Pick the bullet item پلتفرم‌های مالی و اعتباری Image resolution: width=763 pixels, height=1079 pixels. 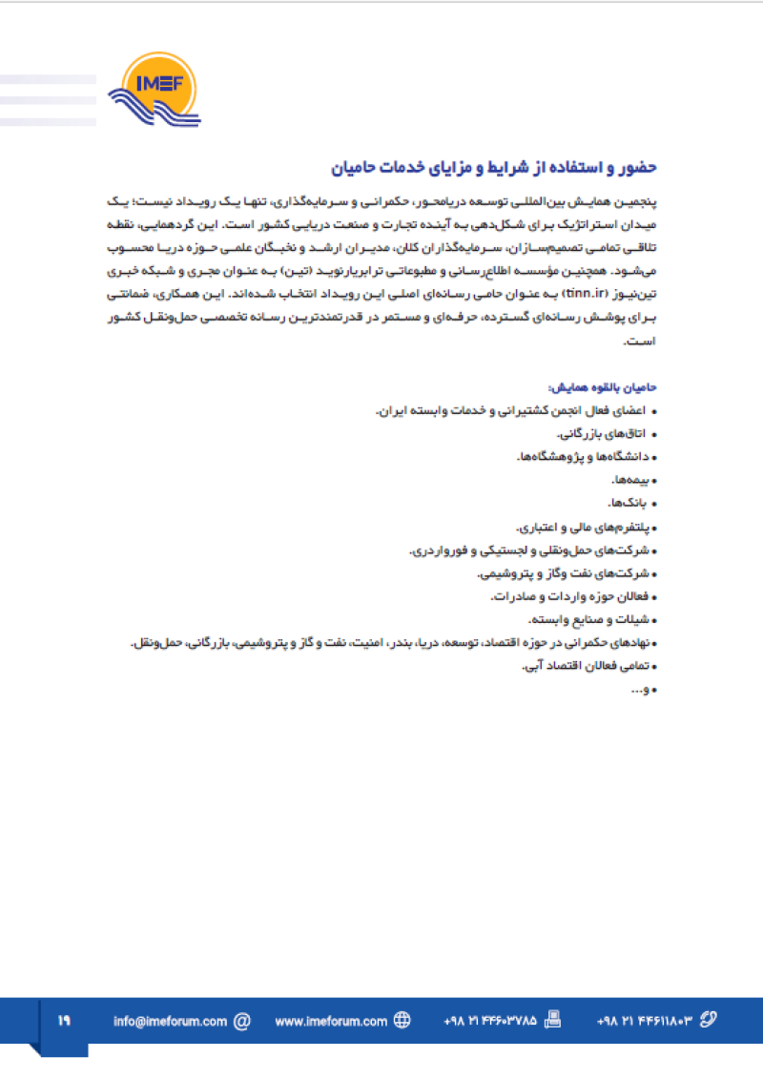[585, 527]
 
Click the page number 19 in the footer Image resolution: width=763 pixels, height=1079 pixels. [64, 1020]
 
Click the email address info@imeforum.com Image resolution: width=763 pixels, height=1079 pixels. [170, 1021]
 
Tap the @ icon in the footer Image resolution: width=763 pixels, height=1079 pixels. [242, 1021]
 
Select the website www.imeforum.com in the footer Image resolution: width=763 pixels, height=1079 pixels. [330, 1021]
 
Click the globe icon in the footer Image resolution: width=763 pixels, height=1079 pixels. [402, 1021]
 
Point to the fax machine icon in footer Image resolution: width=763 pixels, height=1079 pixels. [552, 1020]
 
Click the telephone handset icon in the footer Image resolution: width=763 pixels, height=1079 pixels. [707, 1020]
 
